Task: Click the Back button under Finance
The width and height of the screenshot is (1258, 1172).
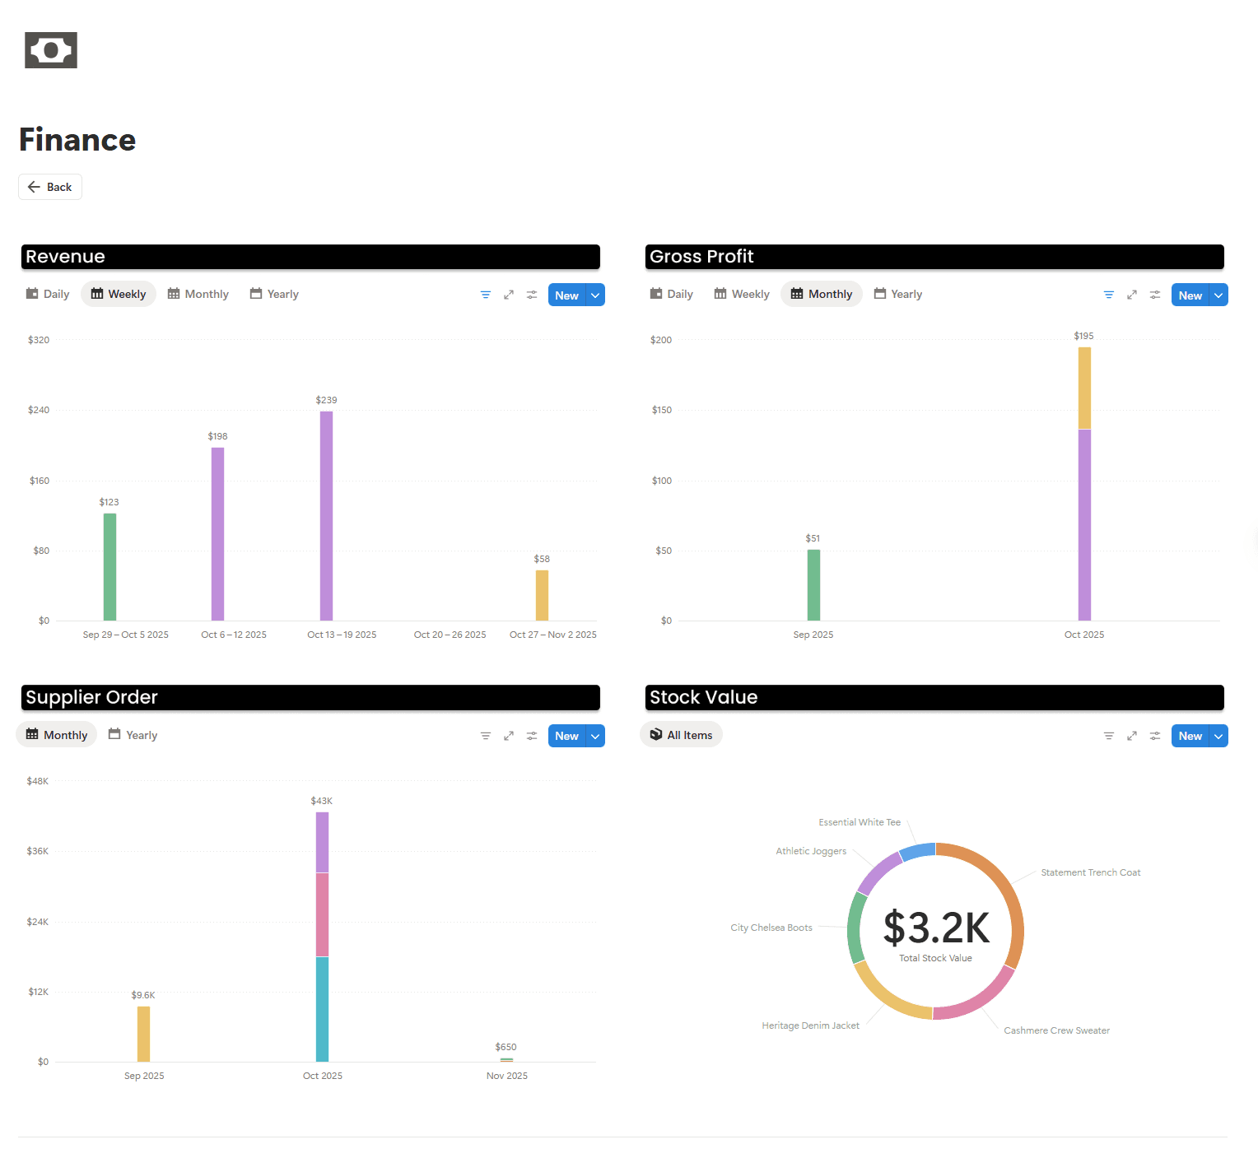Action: (50, 187)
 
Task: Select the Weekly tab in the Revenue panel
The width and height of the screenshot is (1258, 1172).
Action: (119, 294)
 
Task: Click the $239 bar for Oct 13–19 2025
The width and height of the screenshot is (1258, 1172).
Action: (326, 515)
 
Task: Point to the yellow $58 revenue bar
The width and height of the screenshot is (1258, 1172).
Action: (542, 595)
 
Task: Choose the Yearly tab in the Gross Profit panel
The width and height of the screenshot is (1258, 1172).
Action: (898, 294)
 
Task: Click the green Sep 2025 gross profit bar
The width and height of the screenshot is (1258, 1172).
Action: (813, 584)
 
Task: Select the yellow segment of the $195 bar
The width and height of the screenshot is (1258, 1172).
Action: (1084, 388)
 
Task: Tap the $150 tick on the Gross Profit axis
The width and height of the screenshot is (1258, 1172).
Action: (661, 410)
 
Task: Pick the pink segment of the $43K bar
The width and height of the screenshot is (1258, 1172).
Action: (322, 914)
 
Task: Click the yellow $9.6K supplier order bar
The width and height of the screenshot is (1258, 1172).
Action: (143, 1034)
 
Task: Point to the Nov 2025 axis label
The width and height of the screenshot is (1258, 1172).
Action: (506, 1076)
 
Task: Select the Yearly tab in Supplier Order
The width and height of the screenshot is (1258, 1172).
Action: (133, 735)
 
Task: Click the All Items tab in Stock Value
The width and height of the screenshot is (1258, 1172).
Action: (681, 735)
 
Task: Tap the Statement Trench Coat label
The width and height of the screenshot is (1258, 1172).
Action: (1090, 872)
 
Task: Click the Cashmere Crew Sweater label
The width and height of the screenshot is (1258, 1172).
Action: (1056, 1030)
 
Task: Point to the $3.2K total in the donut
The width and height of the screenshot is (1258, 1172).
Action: (936, 928)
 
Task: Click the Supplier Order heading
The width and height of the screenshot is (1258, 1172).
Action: (91, 697)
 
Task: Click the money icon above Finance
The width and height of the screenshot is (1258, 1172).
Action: (51, 50)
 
